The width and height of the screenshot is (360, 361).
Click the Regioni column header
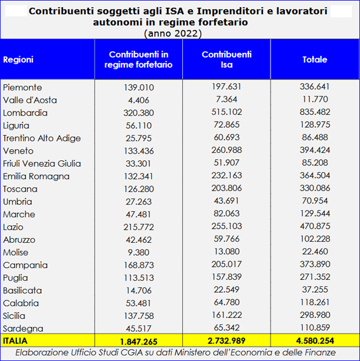point(18,59)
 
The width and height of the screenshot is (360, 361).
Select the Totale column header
point(315,59)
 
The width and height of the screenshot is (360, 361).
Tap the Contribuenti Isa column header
point(227,59)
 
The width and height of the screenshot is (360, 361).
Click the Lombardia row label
point(25,113)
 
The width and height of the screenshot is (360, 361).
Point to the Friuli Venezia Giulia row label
point(42,164)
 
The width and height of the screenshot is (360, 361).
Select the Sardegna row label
point(23,328)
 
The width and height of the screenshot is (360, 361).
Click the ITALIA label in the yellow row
point(15,341)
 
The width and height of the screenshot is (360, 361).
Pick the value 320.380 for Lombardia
point(139,113)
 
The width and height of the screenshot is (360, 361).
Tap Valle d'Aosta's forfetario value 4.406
point(139,100)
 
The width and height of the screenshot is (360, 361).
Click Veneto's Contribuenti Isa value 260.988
point(227,150)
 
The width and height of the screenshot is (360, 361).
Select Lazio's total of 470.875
point(315,226)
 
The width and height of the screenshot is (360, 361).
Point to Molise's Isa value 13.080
point(227,251)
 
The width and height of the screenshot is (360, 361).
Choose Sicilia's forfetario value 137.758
point(139,316)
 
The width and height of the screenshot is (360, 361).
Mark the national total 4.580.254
point(315,341)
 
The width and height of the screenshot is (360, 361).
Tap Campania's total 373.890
point(315,264)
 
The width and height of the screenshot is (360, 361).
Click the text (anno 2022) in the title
point(173,34)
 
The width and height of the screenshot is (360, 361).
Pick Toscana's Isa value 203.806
point(227,188)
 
